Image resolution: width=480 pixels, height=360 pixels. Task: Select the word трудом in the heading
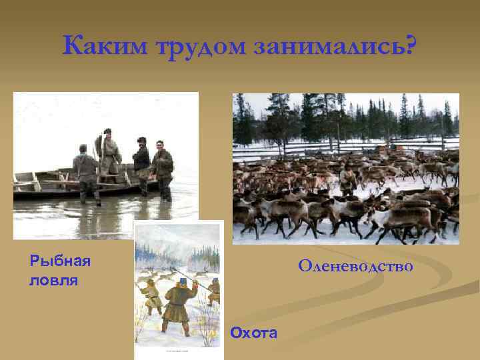[x=198, y=47]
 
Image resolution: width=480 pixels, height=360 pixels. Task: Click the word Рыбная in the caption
[x=60, y=260]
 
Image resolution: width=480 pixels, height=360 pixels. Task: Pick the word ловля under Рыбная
[x=54, y=280]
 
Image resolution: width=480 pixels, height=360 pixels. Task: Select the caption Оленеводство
[x=355, y=267]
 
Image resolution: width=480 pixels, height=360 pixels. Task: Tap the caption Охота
[x=253, y=332]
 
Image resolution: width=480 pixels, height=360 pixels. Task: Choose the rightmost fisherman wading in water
[x=162, y=168]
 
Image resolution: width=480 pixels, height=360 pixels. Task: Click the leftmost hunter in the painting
[x=151, y=296]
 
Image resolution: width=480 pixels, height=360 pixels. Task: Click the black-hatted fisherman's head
[x=141, y=141]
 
